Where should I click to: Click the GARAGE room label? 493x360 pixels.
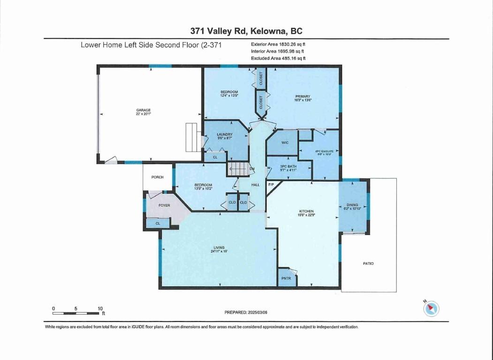coord(144,111)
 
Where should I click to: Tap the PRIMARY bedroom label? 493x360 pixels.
coord(303,97)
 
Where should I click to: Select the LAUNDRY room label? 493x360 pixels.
coord(225,135)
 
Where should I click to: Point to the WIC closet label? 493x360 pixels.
coord(285,142)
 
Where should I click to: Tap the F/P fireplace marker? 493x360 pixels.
coord(271,185)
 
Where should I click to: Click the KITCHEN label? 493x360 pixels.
coord(307,211)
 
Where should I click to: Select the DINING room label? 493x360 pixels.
coord(352,204)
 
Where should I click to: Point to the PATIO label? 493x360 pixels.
coord(368,263)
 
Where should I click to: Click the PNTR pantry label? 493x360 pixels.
coord(286,278)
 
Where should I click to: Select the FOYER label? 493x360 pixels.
coord(164,205)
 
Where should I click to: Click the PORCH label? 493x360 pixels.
coord(158,177)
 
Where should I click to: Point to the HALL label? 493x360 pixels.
coord(255,185)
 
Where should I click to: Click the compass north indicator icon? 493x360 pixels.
coord(431,308)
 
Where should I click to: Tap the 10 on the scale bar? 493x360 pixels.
coord(100,308)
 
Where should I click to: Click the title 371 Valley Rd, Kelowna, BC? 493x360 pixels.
coord(246,31)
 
